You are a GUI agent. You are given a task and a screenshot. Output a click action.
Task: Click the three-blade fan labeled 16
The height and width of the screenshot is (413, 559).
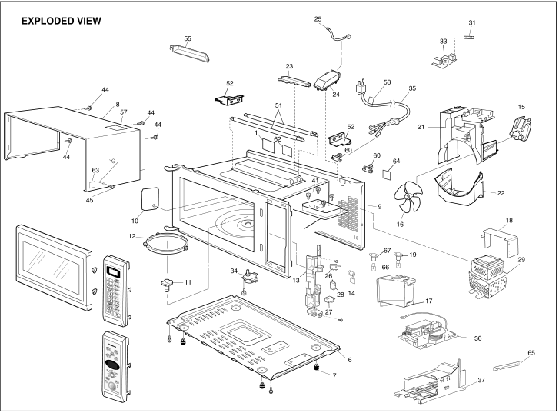coord(406,195)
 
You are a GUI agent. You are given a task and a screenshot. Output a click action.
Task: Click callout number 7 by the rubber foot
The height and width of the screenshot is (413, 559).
coord(334,375)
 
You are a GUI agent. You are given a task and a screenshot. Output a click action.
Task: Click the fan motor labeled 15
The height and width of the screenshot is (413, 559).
coord(524,126)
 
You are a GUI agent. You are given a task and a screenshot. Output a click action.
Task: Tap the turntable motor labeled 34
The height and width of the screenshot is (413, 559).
coord(250,273)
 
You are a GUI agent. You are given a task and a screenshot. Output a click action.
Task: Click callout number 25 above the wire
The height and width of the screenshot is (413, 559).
coord(318,18)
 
